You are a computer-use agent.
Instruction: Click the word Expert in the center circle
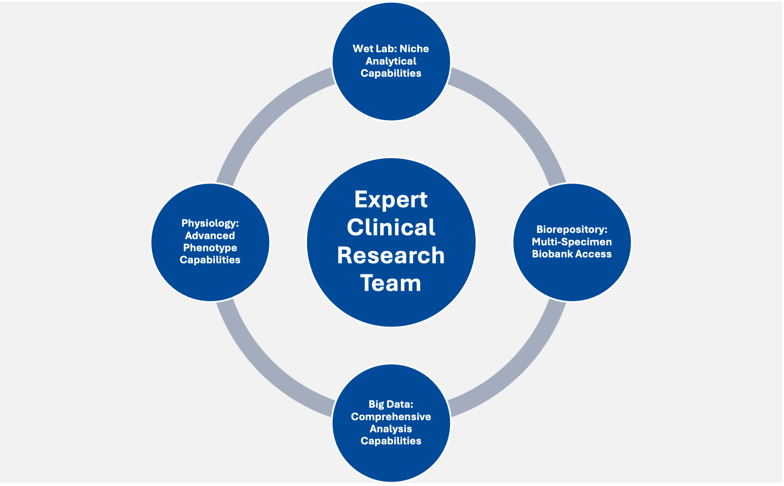[391, 200]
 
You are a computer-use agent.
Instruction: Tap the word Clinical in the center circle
[391, 228]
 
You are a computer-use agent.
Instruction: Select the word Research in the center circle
[391, 256]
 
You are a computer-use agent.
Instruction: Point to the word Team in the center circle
[391, 283]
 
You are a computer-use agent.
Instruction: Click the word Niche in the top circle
[414, 49]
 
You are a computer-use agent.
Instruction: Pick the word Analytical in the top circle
[391, 61]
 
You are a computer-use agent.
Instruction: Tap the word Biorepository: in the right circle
[572, 229]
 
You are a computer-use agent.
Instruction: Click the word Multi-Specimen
[572, 242]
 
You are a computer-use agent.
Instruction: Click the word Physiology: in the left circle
[210, 223]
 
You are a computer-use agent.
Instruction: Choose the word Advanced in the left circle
[210, 236]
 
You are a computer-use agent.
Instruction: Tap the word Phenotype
[210, 248]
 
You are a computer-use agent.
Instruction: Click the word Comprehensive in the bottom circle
[391, 417]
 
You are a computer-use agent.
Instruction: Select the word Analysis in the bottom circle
[391, 429]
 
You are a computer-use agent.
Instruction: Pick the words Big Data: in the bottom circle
[391, 404]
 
